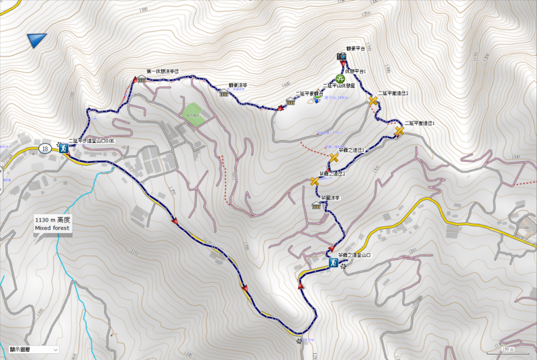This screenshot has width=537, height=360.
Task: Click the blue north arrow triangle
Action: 36,41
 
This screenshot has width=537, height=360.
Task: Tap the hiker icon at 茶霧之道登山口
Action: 333,263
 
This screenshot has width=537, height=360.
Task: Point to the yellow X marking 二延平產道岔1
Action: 399,132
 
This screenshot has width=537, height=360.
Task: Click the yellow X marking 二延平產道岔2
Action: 373,101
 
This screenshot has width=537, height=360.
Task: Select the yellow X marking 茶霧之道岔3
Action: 334,158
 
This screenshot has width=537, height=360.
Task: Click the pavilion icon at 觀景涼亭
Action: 224,93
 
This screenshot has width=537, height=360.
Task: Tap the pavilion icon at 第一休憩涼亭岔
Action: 142,79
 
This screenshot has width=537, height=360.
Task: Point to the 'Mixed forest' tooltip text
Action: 52,228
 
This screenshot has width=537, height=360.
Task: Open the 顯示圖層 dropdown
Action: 34,349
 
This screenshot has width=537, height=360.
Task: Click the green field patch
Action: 192,110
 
